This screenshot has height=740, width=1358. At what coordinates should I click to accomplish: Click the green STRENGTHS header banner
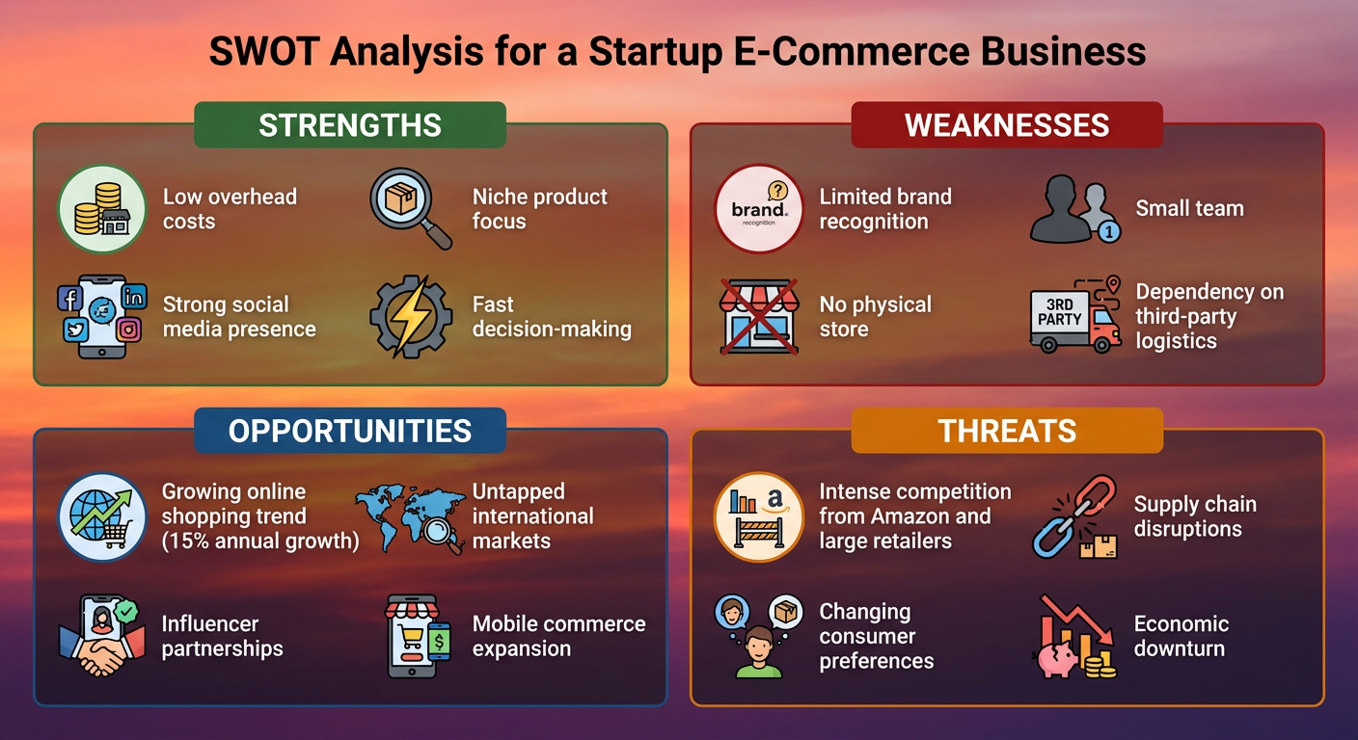350,124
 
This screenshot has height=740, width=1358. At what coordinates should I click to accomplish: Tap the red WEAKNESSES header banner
1007,124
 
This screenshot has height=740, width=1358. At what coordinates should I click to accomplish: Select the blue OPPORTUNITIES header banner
350,431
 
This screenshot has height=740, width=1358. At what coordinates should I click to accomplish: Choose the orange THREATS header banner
1007,431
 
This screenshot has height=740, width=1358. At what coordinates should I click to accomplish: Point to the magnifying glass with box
411,209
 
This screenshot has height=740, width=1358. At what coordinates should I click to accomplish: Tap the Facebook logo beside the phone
69,298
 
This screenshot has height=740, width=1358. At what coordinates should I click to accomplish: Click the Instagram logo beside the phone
128,330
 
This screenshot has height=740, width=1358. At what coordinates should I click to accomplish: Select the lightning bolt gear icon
411,316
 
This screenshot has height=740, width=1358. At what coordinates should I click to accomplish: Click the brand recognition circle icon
758,209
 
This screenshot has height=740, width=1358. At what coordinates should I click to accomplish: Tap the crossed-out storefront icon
758,316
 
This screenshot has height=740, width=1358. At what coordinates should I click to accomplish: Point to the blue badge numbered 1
1109,231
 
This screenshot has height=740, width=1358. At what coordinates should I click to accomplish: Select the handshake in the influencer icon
102,656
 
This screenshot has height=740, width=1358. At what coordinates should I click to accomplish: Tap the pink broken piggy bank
1058,659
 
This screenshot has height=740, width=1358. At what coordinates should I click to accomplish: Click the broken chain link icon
1074,515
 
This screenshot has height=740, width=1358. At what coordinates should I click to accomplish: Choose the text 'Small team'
1189,208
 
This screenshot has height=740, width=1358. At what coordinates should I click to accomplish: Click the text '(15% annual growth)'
260,541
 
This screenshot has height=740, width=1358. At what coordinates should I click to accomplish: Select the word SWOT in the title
264,51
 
